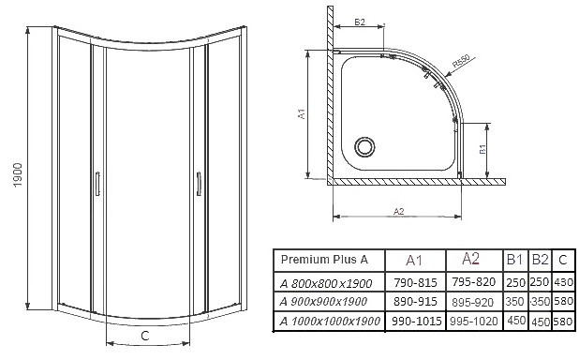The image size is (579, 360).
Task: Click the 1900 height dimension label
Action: click(18, 175)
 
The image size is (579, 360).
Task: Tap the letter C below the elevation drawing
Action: click(145, 336)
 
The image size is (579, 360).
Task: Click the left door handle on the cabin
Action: click(97, 183)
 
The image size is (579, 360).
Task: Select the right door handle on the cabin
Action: click(199, 183)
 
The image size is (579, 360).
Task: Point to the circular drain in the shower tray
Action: click(364, 147)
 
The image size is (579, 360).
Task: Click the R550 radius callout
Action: click(461, 61)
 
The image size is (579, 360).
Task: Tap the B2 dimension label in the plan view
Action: click(360, 22)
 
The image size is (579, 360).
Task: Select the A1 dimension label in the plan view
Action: click(302, 113)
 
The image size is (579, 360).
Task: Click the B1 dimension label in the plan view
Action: click(482, 149)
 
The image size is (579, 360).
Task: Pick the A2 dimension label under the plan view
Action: click(399, 212)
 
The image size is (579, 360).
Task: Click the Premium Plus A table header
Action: click(324, 260)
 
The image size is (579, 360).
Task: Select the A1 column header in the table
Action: click(413, 261)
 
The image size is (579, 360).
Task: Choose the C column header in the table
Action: click(562, 261)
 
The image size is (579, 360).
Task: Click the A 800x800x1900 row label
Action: click(326, 283)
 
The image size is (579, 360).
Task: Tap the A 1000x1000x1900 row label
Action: click(330, 321)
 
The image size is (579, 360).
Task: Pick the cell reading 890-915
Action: click(415, 302)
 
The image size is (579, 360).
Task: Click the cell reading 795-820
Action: click(473, 282)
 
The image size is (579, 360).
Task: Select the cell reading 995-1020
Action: click(474, 321)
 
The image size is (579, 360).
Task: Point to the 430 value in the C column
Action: click(563, 283)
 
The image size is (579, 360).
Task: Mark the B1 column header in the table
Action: click(514, 260)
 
